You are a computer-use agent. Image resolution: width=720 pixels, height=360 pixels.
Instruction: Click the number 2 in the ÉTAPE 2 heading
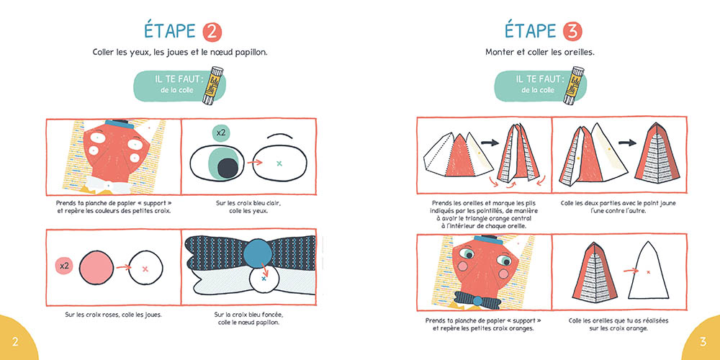pos(212,32)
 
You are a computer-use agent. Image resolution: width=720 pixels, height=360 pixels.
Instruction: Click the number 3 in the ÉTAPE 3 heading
pos(572,32)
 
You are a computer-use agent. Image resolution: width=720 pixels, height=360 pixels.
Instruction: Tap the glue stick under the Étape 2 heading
pos(212,86)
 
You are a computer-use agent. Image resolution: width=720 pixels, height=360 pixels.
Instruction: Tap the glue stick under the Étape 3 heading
pos(573,86)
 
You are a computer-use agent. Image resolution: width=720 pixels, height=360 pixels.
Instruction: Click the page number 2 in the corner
pos(15,342)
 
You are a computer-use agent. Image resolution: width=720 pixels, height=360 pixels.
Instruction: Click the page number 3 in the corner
pos(703,342)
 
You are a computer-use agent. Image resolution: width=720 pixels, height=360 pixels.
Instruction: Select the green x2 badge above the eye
pos(221,133)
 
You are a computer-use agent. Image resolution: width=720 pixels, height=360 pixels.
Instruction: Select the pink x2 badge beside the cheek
pos(64,266)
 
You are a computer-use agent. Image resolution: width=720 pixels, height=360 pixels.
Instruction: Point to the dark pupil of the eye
pos(228,168)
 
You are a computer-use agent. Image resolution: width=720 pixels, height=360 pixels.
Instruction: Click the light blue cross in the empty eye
pos(279,163)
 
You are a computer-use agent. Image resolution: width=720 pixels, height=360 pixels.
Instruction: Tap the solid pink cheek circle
pos(96,267)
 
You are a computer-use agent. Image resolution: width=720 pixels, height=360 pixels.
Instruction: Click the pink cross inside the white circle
pos(145,269)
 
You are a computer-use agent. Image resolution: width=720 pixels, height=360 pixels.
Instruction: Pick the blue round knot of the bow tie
pos(258,253)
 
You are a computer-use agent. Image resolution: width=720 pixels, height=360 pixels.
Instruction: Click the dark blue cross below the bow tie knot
pos(264,278)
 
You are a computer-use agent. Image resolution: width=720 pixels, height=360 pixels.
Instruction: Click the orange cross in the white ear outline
pos(649,272)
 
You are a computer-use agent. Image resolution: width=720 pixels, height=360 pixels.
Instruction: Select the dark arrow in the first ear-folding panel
pos(490,143)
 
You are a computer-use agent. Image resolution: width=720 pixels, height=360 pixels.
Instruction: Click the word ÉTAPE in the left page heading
pos(170,31)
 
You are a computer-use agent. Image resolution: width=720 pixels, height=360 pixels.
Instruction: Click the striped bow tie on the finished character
pos(477,300)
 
